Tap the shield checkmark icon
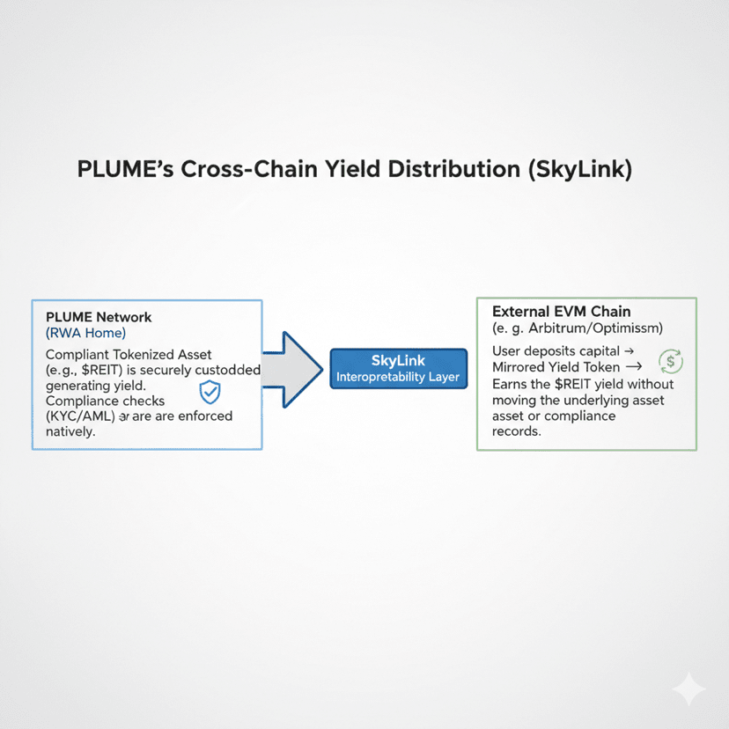click(x=210, y=392)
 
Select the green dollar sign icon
click(x=670, y=360)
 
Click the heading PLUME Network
click(x=99, y=317)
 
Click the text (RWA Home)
click(x=85, y=333)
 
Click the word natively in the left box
click(x=69, y=432)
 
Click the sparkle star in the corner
click(x=688, y=690)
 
